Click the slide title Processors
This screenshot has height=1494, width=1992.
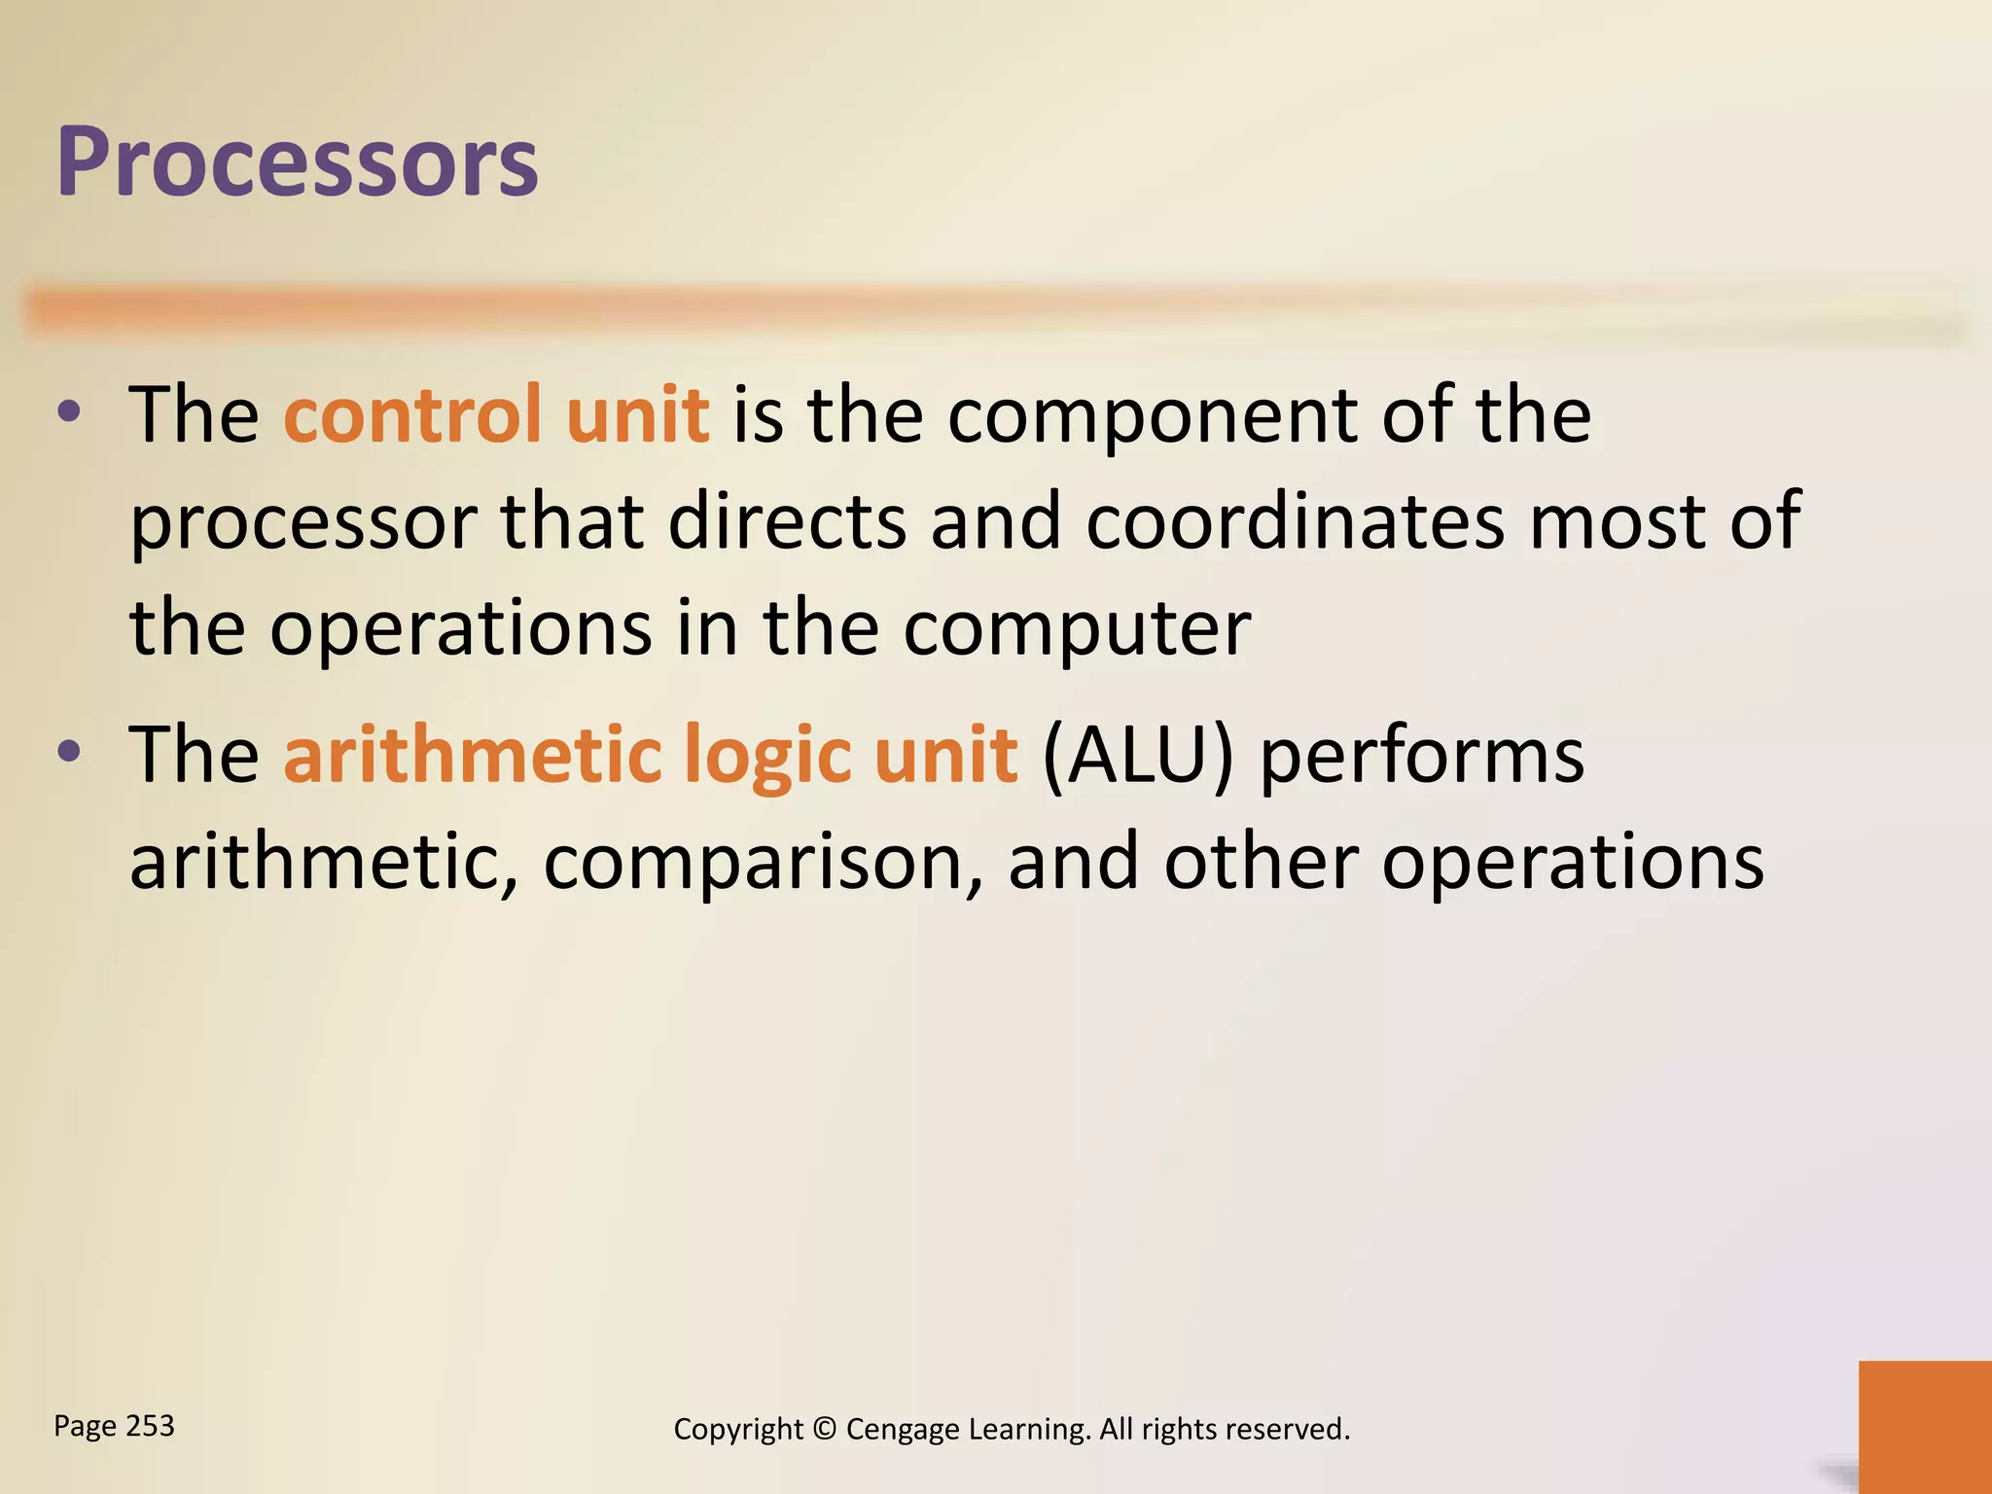click(x=297, y=163)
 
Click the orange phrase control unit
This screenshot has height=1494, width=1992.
click(x=496, y=415)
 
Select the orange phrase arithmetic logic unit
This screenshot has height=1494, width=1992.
click(x=651, y=756)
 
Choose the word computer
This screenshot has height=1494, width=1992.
click(x=1077, y=629)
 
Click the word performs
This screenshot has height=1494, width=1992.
click(x=1422, y=756)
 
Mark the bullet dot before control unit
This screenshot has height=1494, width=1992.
click(x=69, y=412)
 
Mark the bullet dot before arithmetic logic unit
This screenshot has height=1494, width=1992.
click(x=69, y=751)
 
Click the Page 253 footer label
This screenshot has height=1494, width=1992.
click(x=114, y=1426)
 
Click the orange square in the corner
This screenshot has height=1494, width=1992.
click(x=1924, y=1426)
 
